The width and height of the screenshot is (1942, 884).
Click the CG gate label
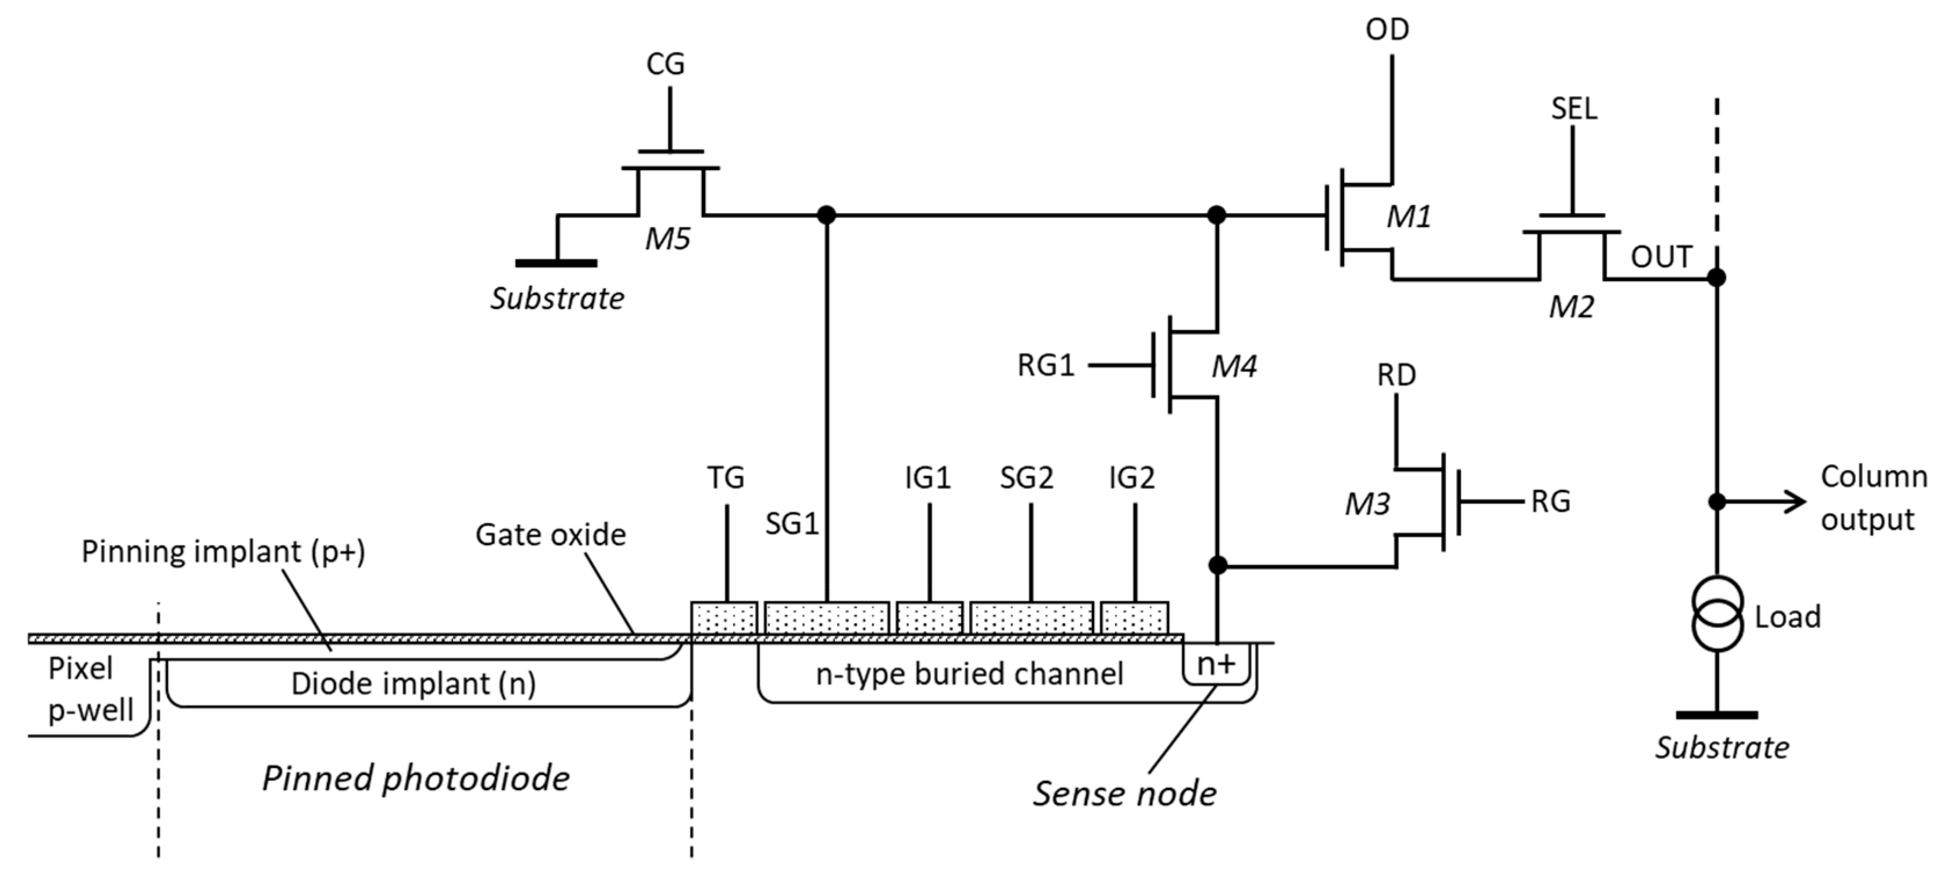pos(665,64)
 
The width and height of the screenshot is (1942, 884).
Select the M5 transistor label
pos(667,239)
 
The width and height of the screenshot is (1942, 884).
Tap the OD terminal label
pos(1387,30)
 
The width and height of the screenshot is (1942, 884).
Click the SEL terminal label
pos(1573,109)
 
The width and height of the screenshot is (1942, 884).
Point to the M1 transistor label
pos(1408,217)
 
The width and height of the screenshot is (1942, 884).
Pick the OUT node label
pos(1661,257)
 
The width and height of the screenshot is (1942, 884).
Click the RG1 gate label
pos(1045,366)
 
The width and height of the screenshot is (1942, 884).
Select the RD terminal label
pos(1396,375)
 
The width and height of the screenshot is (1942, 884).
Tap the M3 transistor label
pos(1367,504)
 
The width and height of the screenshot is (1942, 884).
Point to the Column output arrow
pos(1764,501)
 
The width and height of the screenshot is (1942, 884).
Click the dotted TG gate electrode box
pos(724,618)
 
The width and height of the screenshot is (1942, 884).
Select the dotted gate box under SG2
pos(1031,618)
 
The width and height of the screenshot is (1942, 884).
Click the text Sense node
pos(1124,794)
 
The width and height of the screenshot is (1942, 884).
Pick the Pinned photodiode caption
pos(415,777)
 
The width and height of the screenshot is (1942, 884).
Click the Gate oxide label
pos(550,535)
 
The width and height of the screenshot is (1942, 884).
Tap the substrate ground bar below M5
pos(556,263)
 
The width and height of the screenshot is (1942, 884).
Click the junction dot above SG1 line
pos(827,215)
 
